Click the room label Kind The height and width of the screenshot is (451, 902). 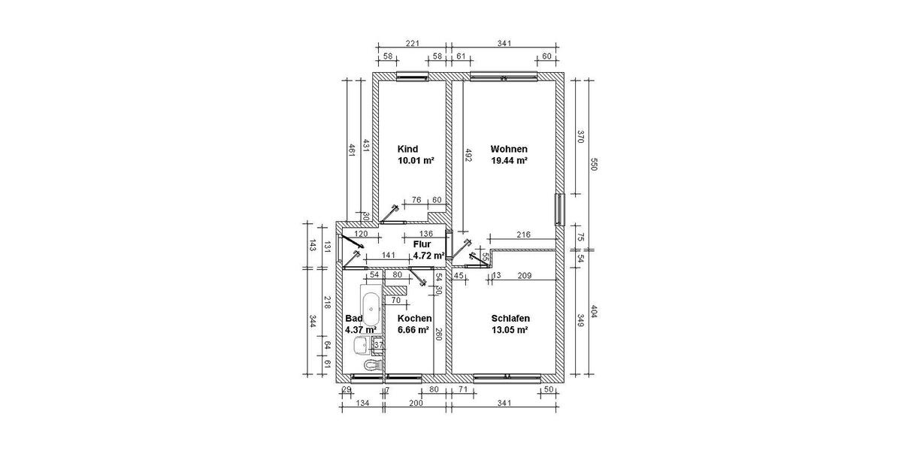[409, 149]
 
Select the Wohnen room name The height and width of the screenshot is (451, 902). [509, 149]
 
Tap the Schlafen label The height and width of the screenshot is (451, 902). [510, 319]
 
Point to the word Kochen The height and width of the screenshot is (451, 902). [414, 319]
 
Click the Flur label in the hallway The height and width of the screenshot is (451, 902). [422, 244]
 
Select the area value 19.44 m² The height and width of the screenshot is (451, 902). [509, 161]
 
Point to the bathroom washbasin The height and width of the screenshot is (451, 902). [362, 345]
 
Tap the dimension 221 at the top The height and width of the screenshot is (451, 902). [412, 44]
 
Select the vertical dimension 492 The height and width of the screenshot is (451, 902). [467, 155]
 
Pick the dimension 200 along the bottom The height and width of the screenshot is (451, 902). [416, 404]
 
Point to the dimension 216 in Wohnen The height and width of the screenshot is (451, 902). [523, 235]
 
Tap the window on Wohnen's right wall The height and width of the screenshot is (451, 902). [558, 210]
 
